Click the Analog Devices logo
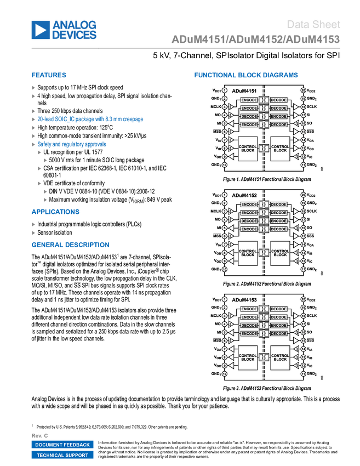pyautogui.click(x=64, y=30)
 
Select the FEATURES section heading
pyautogui.click(x=49, y=75)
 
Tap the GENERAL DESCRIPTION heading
pyautogui.click(x=70, y=245)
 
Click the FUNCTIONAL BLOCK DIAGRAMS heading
pyautogui.click(x=246, y=75)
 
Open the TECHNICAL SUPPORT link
pyautogui.click(x=62, y=455)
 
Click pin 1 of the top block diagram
pyautogui.click(x=225, y=90)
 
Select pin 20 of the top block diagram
pyautogui.click(x=303, y=90)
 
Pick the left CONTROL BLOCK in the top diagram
pyautogui.click(x=248, y=149)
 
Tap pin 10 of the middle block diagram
pyautogui.click(x=225, y=269)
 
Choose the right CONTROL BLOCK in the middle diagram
pyautogui.click(x=280, y=253)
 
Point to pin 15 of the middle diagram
pyautogui.click(x=303, y=236)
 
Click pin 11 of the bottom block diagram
pyautogui.click(x=303, y=374)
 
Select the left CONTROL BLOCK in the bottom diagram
pyautogui.click(x=248, y=357)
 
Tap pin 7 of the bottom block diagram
pyautogui.click(x=225, y=349)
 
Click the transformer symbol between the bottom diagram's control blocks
pyautogui.click(x=264, y=357)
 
